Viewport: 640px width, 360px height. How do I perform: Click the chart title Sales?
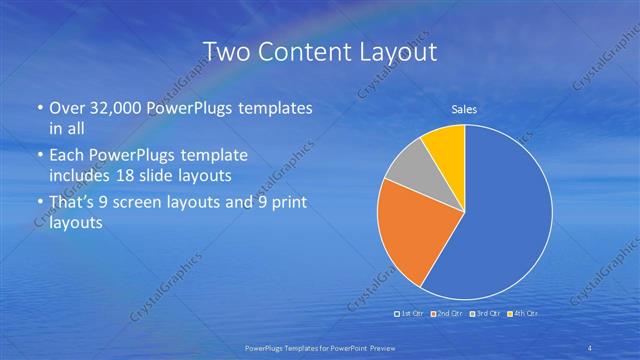464,110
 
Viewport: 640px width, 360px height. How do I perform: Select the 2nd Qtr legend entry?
445,314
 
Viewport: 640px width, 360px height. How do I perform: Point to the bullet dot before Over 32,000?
39,109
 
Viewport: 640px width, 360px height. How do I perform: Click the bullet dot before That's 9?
39,204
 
